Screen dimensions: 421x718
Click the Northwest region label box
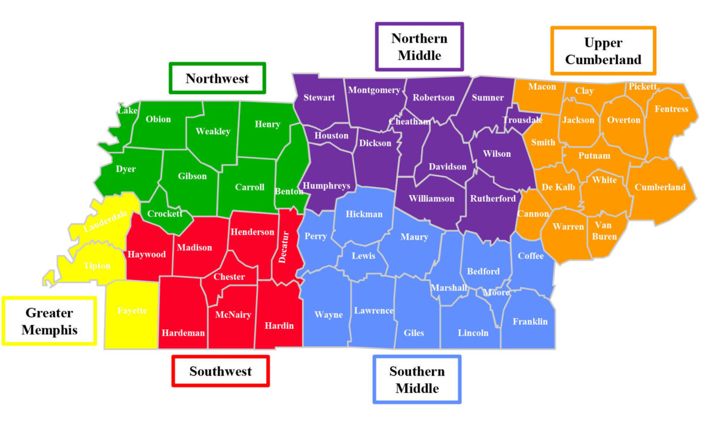[217, 78]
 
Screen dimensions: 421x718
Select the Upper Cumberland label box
[603, 51]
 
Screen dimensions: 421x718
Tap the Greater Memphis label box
[49, 321]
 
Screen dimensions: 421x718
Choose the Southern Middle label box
[417, 380]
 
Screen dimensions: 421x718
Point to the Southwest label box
[221, 371]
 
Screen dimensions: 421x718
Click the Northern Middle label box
[419, 47]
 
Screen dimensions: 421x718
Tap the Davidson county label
[448, 166]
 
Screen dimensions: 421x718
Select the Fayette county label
[132, 310]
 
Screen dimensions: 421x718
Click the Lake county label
[127, 110]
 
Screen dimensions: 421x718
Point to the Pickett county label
[643, 87]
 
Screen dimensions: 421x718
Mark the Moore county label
[496, 292]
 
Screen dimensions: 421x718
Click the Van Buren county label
[604, 231]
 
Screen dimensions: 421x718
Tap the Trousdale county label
[522, 120]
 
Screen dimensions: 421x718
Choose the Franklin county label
[530, 322]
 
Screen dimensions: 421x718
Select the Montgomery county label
[374, 90]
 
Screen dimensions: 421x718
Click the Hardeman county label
[183, 333]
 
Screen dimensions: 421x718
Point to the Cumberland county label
[660, 187]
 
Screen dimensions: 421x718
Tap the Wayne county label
[329, 314]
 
